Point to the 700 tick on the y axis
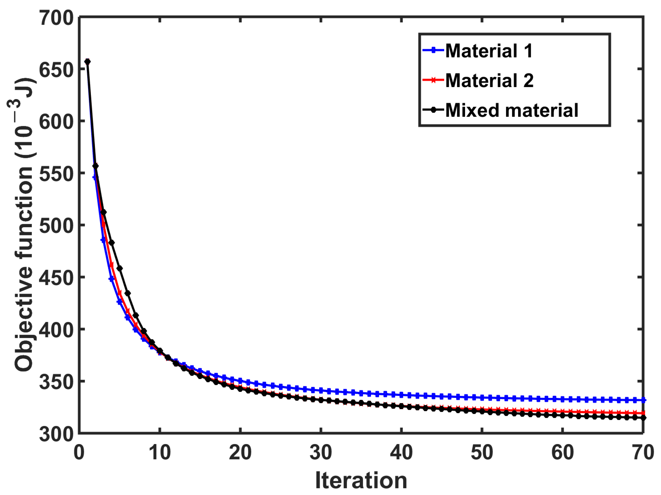(x=56, y=18)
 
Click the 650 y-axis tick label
(x=56, y=70)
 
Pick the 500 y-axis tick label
(x=56, y=226)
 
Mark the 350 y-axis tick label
(x=56, y=382)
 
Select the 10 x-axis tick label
(x=160, y=453)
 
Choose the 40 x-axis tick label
(x=401, y=453)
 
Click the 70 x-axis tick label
(x=642, y=453)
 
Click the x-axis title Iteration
(x=361, y=480)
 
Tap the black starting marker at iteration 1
(x=87, y=62)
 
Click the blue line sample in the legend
(x=433, y=50)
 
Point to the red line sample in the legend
(x=433, y=80)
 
